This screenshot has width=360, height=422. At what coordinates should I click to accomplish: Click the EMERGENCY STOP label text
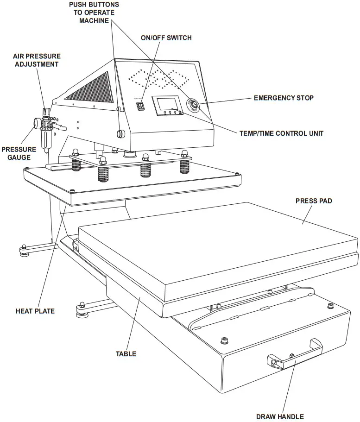click(x=284, y=98)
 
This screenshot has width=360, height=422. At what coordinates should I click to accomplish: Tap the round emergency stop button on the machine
click(x=193, y=106)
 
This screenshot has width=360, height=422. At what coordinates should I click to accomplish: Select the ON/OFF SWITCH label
click(x=166, y=38)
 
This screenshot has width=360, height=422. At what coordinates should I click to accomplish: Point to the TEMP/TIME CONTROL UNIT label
click(x=281, y=133)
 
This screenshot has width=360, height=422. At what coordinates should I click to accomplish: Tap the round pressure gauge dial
click(x=36, y=123)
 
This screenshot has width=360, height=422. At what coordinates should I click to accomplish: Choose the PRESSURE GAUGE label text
click(x=19, y=153)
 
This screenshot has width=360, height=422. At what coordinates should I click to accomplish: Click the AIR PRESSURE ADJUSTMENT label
click(x=37, y=60)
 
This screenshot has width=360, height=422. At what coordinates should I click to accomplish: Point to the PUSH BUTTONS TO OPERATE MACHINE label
click(x=94, y=13)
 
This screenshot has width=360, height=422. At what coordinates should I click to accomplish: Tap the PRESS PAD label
click(x=314, y=201)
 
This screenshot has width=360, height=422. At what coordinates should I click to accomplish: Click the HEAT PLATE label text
click(x=35, y=311)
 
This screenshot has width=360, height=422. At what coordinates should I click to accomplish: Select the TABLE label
click(x=126, y=354)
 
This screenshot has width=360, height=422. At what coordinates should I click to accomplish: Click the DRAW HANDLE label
click(x=280, y=416)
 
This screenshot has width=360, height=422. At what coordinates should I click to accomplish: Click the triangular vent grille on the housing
click(x=91, y=88)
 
